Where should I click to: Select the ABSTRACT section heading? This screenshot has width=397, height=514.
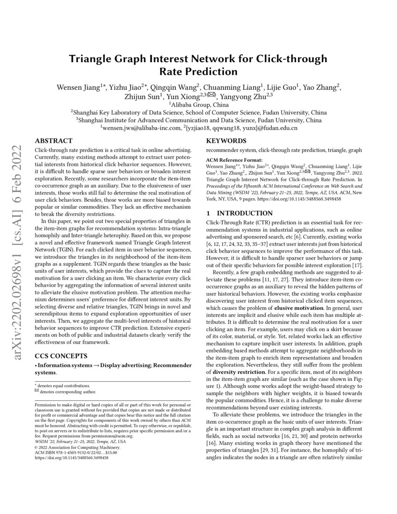(x=54, y=141)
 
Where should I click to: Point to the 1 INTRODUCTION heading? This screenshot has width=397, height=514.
(x=233, y=213)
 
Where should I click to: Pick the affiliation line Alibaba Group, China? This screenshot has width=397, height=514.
(x=198, y=105)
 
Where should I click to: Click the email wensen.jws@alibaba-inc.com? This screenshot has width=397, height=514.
(x=141, y=128)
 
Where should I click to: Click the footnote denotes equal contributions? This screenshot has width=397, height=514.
(x=64, y=386)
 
